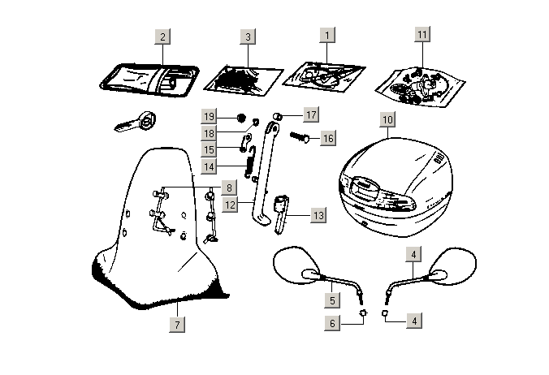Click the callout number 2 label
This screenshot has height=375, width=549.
click(162, 37)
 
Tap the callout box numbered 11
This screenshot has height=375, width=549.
click(421, 35)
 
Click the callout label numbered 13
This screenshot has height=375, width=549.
click(318, 216)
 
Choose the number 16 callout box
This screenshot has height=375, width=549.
click(327, 139)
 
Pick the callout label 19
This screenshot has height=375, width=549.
click(209, 116)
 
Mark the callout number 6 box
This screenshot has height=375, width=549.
click(331, 321)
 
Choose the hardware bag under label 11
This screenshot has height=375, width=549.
click(421, 84)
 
